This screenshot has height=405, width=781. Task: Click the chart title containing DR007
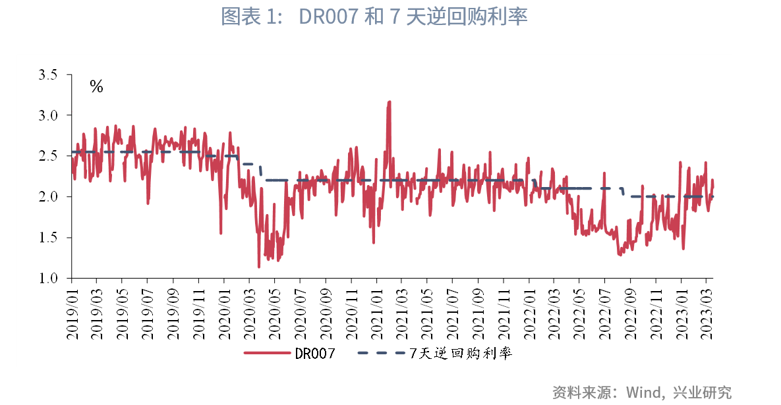tap(374, 17)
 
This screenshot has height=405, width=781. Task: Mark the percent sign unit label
tap(97, 87)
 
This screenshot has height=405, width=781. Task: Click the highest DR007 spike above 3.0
tap(389, 103)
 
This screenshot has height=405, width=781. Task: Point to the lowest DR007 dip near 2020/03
tap(259, 266)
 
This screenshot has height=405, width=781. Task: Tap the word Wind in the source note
tap(643, 392)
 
